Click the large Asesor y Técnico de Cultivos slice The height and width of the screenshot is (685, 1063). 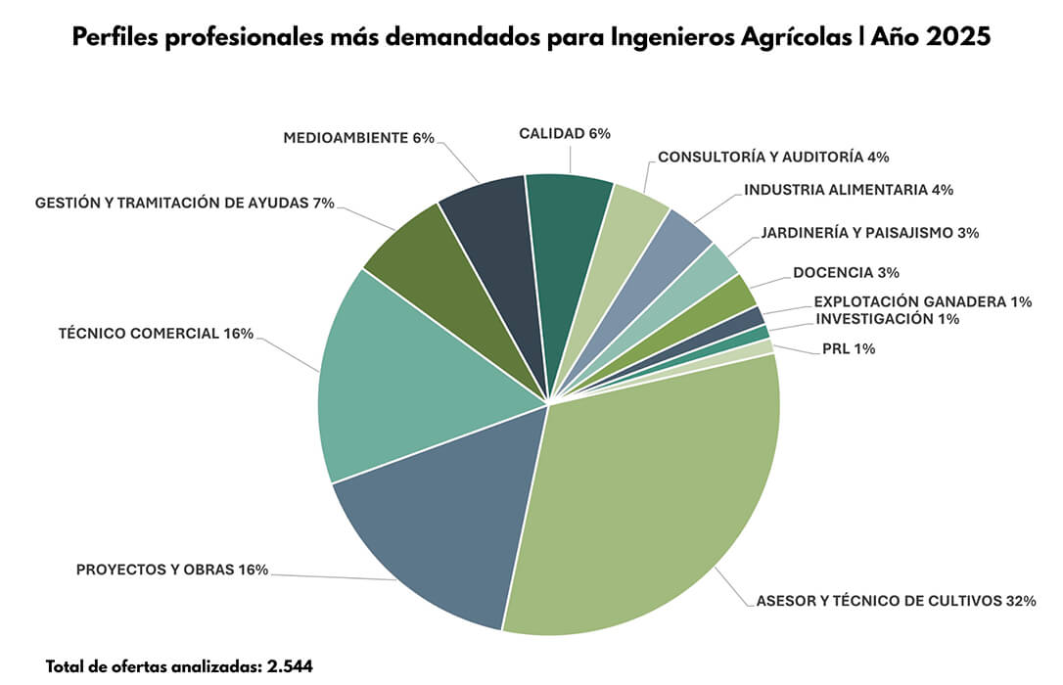(646, 489)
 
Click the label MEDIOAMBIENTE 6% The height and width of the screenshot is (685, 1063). (358, 138)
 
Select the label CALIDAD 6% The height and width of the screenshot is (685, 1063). (565, 133)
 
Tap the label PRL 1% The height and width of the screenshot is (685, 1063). (848, 348)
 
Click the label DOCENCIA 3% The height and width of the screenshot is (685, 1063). (846, 271)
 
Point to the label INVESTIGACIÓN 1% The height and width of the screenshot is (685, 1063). (887, 318)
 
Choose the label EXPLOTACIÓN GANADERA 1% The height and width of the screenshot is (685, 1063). (922, 301)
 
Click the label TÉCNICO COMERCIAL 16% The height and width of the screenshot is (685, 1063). (157, 334)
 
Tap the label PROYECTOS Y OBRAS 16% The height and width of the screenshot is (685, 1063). (172, 570)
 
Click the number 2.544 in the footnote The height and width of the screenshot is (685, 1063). (290, 666)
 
